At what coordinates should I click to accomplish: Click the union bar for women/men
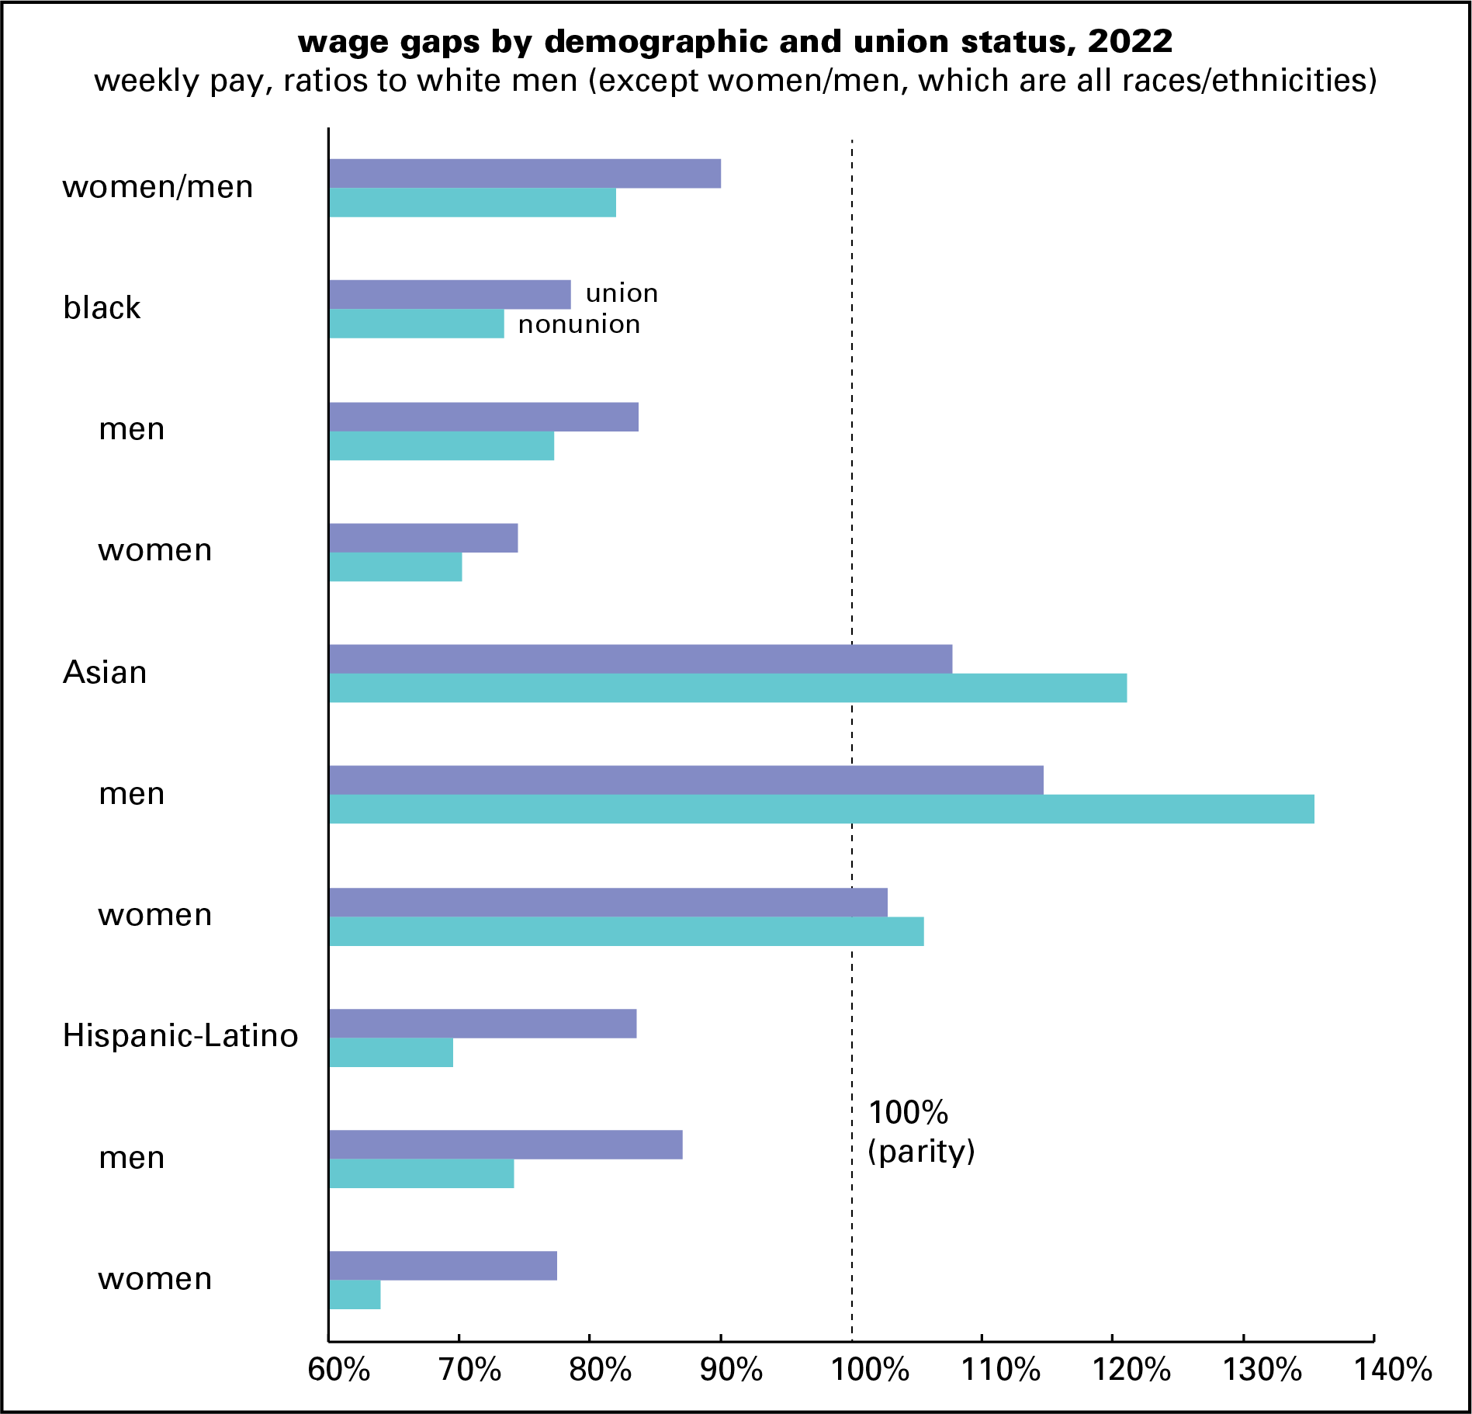pos(525,174)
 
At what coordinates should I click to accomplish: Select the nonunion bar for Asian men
pos(821,809)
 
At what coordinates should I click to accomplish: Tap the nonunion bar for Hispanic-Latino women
pos(355,1294)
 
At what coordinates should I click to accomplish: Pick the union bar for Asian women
pos(608,902)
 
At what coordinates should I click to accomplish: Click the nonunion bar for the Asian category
pos(727,688)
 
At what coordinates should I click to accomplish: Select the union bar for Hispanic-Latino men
pos(505,1145)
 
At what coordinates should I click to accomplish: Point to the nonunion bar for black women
pos(395,567)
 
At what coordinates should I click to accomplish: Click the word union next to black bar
pos(622,293)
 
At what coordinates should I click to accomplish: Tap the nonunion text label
pos(579,324)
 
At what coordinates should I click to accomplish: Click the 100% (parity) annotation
pos(920,1132)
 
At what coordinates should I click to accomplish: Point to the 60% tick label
pos(338,1371)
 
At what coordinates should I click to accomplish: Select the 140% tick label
pos(1393,1371)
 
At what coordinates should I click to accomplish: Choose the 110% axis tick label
pos(1000,1371)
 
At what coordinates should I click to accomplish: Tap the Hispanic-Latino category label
pos(180,1036)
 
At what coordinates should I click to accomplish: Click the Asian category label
pos(105,672)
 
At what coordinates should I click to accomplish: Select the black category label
pos(102,308)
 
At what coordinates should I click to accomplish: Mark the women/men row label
pos(158,187)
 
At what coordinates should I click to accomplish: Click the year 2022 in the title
pos(1130,41)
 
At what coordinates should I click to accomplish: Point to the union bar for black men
pos(483,417)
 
